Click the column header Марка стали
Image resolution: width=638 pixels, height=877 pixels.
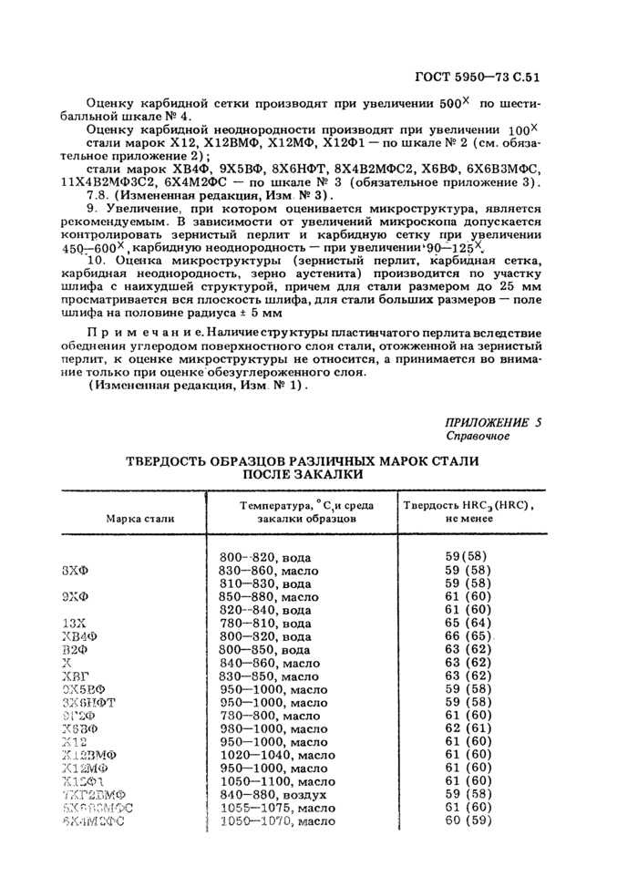[x=140, y=518]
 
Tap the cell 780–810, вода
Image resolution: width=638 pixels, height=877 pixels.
[x=265, y=624]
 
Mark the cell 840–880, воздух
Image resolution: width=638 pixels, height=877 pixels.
[x=272, y=794]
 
